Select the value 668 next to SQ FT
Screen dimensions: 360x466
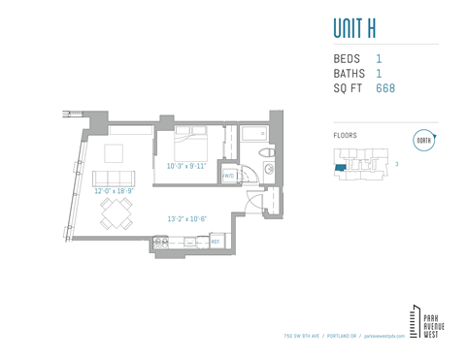coord(385,88)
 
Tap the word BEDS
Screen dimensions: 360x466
coord(347,59)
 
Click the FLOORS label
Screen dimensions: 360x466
coord(345,136)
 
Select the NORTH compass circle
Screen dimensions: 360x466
coord(423,139)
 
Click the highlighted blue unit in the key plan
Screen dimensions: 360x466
coord(339,169)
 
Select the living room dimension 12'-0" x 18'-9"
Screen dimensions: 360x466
coord(114,191)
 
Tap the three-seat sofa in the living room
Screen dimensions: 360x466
coord(114,179)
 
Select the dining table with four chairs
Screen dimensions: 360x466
coord(116,213)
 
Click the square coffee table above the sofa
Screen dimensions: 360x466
coord(115,152)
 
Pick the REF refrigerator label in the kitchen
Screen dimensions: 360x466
coord(216,241)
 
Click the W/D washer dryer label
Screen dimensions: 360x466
coord(227,176)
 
